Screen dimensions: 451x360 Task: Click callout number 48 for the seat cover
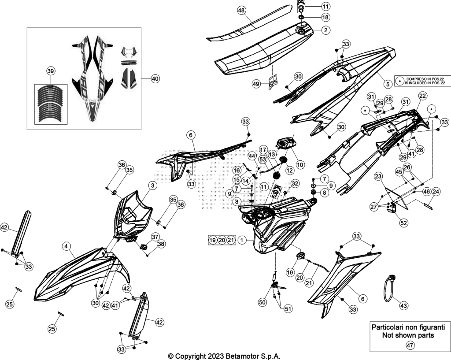241,11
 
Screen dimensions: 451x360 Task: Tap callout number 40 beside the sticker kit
155,78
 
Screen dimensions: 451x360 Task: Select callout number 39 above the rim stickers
51,71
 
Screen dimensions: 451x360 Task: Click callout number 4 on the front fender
67,246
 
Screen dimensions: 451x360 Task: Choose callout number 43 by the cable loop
403,305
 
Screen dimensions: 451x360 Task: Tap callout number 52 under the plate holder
403,223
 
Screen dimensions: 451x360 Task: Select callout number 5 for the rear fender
388,84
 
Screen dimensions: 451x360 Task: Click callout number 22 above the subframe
422,96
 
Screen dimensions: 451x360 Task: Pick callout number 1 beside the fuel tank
242,240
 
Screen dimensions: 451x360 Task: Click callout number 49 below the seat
256,84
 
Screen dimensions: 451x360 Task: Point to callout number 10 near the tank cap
300,165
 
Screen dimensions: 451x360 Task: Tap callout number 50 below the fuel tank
262,302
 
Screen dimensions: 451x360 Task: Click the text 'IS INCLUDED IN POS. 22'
425,83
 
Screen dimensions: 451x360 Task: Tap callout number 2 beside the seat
325,30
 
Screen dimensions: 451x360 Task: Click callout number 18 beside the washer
325,18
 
